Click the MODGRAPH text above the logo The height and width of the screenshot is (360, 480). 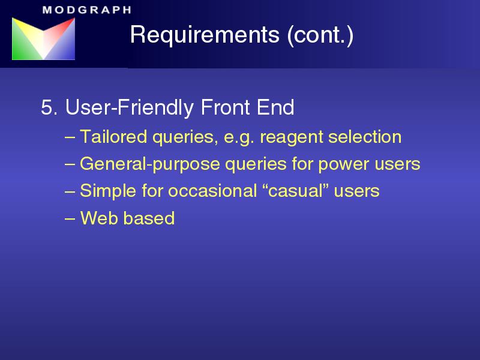coord(87,10)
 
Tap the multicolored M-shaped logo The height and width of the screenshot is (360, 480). coord(43,38)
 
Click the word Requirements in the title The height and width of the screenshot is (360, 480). coord(205,34)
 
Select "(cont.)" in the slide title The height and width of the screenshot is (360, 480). coord(320,35)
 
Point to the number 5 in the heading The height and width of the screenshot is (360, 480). coord(47,107)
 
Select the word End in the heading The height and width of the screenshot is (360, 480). coord(275,107)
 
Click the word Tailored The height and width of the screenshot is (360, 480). coord(113,137)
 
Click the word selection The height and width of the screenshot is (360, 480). coord(365,137)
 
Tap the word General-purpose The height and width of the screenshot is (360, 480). coord(149,164)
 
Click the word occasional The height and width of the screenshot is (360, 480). coord(212,191)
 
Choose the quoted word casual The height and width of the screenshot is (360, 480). coord(296,191)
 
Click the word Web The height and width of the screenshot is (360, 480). coord(99,218)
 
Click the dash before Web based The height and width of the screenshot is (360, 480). coord(70,219)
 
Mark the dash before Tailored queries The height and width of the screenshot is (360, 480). coord(70,137)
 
